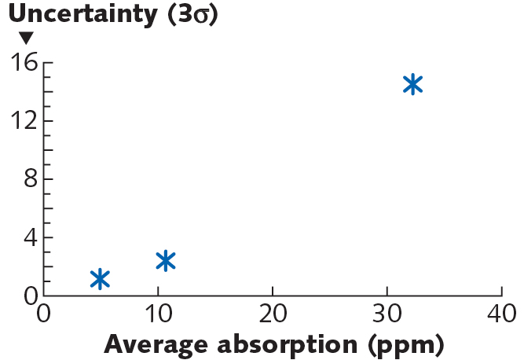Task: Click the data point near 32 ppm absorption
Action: [x=412, y=85]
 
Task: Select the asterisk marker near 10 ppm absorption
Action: [x=165, y=261]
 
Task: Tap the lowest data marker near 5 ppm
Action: [x=100, y=278]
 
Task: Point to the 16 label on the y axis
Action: [x=23, y=62]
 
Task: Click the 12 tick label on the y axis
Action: [x=23, y=121]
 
